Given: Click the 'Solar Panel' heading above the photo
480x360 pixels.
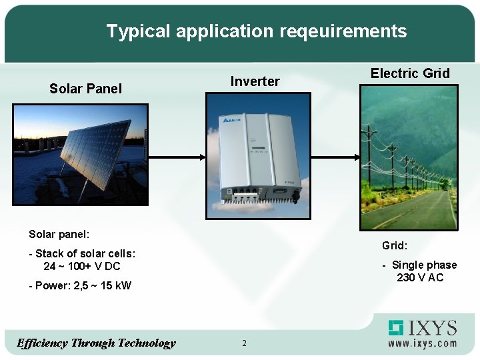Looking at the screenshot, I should point(85,89).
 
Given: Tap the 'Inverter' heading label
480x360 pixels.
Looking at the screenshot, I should point(255,81).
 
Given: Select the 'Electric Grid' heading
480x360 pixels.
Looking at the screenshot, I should point(410,73).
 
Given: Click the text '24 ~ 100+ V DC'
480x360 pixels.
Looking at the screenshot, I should point(82,266).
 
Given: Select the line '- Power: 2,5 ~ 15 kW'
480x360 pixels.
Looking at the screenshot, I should point(80,286).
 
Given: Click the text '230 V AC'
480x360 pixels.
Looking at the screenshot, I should point(419,277).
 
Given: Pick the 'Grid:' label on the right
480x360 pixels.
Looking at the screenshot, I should point(395,245).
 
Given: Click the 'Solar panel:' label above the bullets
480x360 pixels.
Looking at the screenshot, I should point(59,234).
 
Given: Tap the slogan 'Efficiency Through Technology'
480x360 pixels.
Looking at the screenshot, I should point(96,343).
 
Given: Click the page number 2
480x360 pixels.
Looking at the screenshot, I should point(244,343).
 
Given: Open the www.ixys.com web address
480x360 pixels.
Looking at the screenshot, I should point(423,343).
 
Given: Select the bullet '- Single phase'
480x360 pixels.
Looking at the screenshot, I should point(419,265).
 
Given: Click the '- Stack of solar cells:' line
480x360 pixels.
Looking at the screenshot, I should point(82,253).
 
